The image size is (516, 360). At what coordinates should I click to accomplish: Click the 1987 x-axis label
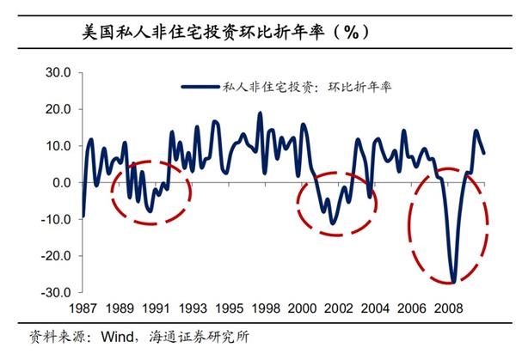tap(83, 307)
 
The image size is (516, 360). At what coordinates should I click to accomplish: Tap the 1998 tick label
tap(267, 307)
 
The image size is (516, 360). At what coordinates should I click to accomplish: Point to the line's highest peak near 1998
tap(260, 113)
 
